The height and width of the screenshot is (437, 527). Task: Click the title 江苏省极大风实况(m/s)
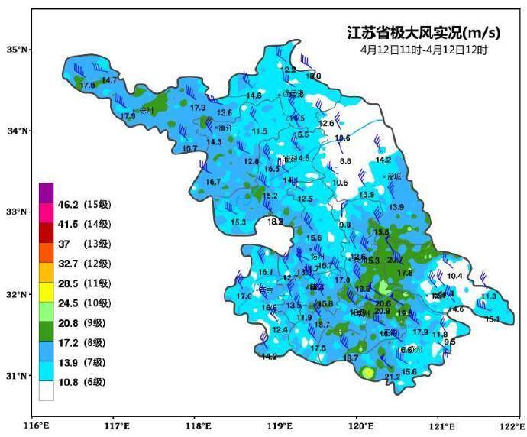tap(424, 33)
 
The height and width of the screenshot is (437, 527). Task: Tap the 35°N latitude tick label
tap(17, 50)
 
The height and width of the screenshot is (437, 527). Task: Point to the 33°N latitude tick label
tap(17, 212)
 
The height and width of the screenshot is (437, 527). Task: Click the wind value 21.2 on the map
tap(393, 377)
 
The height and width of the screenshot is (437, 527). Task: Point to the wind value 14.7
tap(109, 81)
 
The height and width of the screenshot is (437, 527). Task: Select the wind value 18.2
tap(276, 222)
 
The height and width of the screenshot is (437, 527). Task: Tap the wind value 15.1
tap(493, 319)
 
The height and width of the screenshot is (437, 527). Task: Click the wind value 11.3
tap(489, 296)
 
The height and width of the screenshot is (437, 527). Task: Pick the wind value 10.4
tap(455, 276)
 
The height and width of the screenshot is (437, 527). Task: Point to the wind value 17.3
tap(198, 108)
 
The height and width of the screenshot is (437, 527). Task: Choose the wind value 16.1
tap(266, 273)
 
